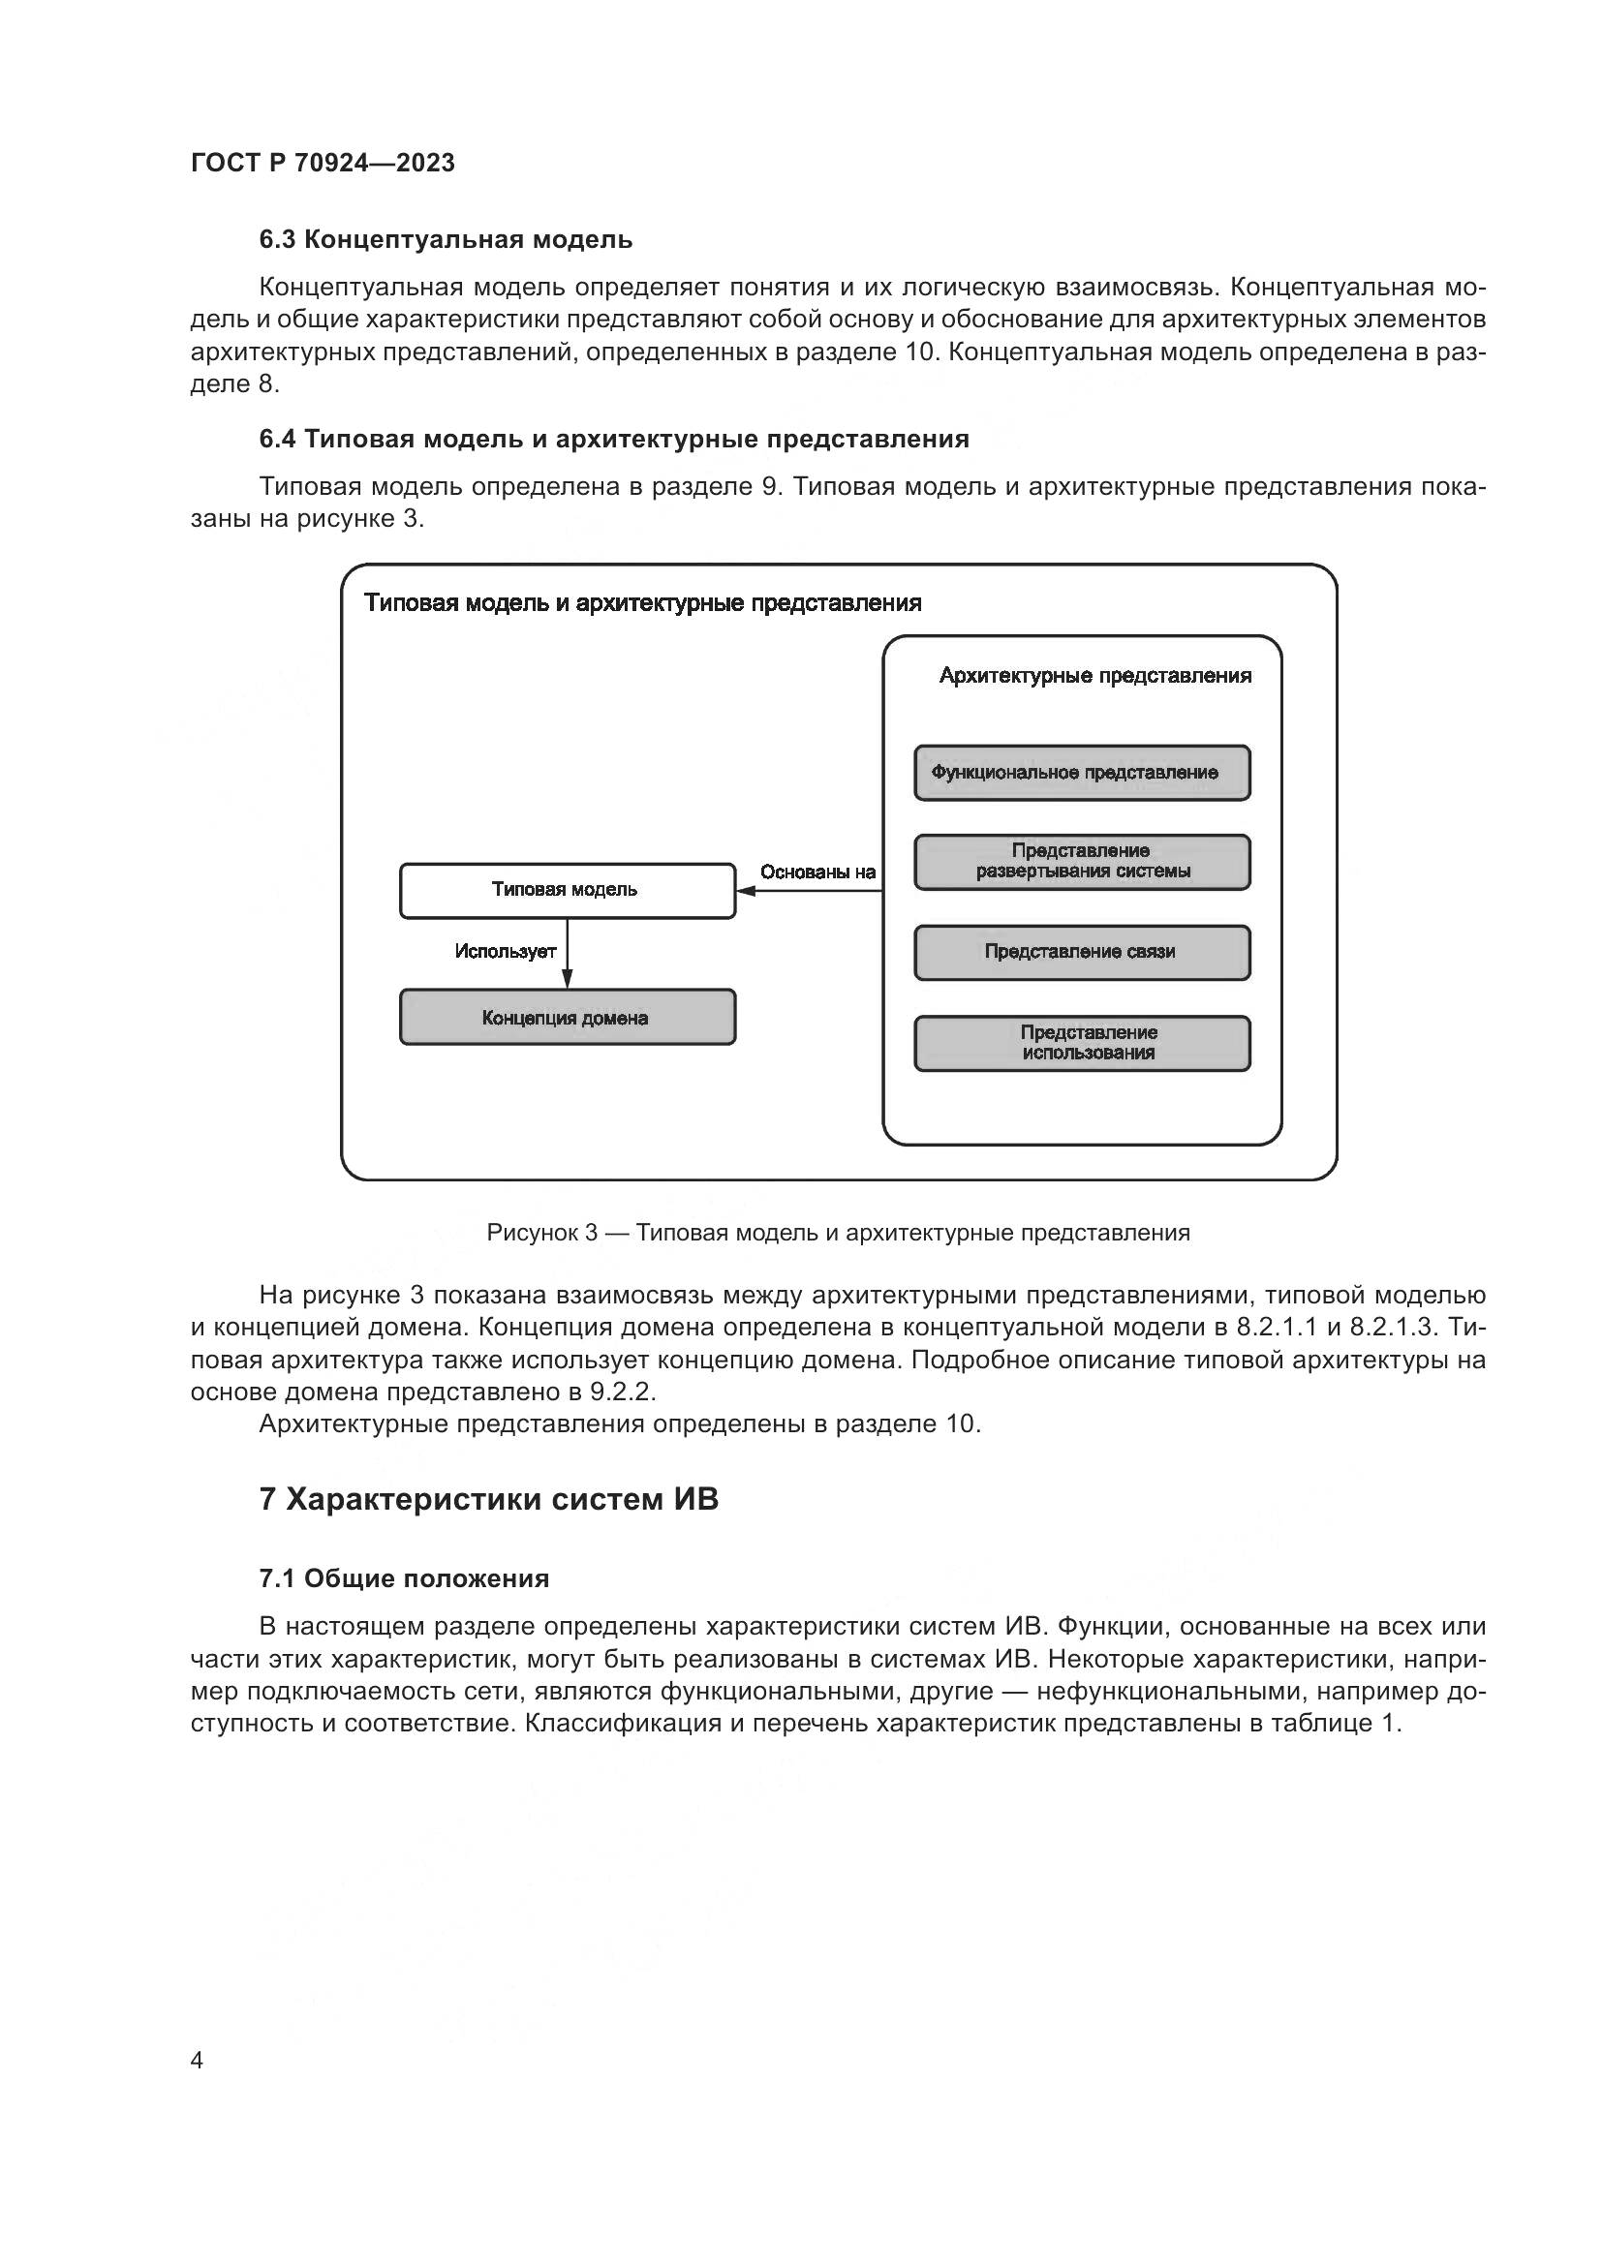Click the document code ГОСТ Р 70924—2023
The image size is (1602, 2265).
click(323, 164)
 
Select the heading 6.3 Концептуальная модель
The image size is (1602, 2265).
click(446, 240)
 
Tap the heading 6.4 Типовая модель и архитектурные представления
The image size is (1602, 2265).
click(613, 439)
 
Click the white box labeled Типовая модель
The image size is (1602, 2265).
click(568, 891)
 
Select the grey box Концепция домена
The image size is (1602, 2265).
click(568, 1017)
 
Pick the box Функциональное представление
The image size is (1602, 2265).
click(1082, 774)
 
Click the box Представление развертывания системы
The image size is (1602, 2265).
click(1082, 862)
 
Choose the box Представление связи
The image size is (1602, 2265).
click(1082, 952)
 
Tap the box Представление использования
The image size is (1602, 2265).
click(1082, 1043)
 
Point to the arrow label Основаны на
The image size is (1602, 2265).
click(817, 872)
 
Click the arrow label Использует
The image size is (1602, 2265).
click(505, 951)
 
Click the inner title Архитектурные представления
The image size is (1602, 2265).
click(1095, 676)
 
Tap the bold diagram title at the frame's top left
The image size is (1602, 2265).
click(642, 602)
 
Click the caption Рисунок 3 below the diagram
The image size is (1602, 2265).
click(838, 1232)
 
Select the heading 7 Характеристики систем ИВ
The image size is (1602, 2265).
click(488, 1499)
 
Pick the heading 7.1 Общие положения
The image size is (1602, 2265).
click(404, 1578)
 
